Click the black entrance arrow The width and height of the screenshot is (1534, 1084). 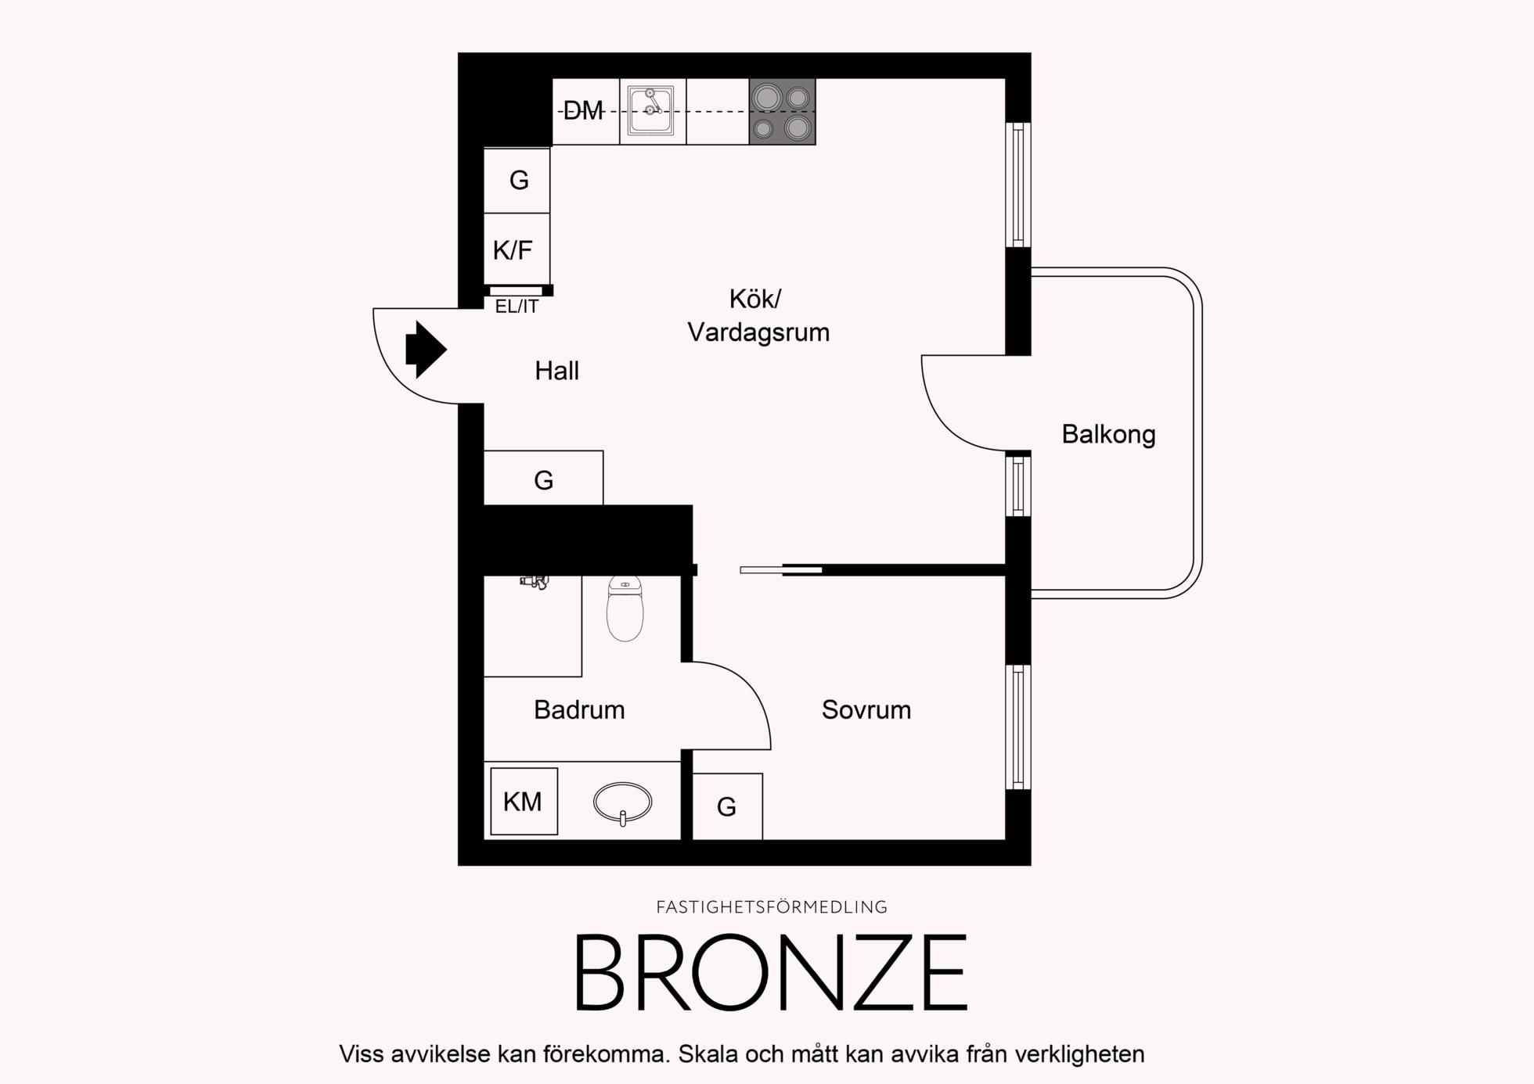[426, 350]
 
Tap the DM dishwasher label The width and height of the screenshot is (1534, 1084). [583, 111]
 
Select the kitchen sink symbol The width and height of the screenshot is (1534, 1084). [653, 111]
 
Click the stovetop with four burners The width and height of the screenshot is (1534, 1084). [782, 111]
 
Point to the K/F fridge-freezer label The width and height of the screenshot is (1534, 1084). [513, 250]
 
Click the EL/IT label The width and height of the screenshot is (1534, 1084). [517, 307]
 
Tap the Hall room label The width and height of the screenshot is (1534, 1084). [556, 371]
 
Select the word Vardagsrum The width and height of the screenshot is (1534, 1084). [758, 332]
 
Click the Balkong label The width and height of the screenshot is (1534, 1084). [1108, 435]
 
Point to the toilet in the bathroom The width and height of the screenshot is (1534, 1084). [625, 608]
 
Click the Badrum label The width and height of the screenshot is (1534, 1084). [579, 710]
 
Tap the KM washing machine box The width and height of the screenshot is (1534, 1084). [524, 802]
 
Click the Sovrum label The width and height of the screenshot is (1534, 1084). [866, 710]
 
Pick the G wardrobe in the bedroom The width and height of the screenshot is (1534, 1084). [727, 806]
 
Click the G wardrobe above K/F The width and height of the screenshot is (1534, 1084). [517, 180]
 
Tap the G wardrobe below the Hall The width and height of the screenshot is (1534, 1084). [543, 478]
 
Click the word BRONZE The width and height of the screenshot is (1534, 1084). [772, 973]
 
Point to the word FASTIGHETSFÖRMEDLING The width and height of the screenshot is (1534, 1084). [772, 907]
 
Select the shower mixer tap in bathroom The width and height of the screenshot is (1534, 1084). [534, 581]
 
